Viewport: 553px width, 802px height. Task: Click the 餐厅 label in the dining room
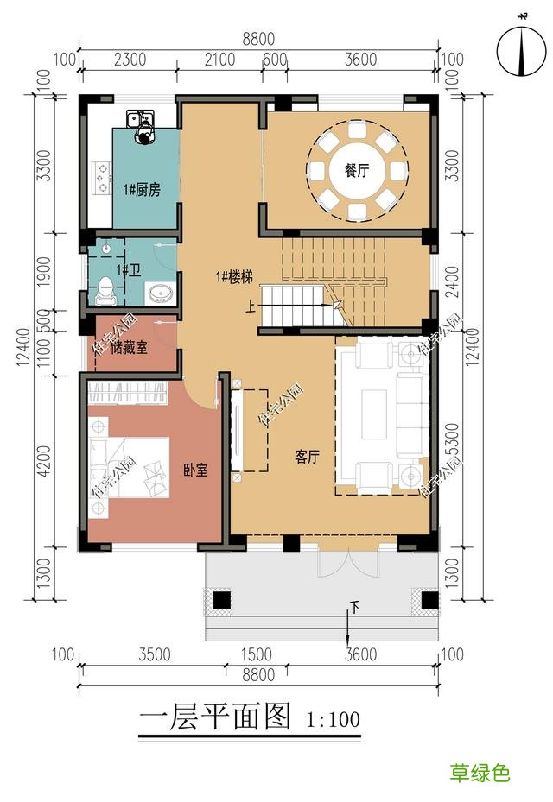[x=357, y=171]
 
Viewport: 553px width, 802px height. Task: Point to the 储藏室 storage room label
[x=129, y=347]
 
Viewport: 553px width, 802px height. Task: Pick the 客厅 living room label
[x=307, y=458]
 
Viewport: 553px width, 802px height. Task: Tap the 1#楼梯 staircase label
[x=234, y=277]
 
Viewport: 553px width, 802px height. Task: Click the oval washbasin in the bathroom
[x=160, y=294]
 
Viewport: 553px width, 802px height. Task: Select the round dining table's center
[x=357, y=169]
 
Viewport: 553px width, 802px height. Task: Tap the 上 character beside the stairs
[x=251, y=305]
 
